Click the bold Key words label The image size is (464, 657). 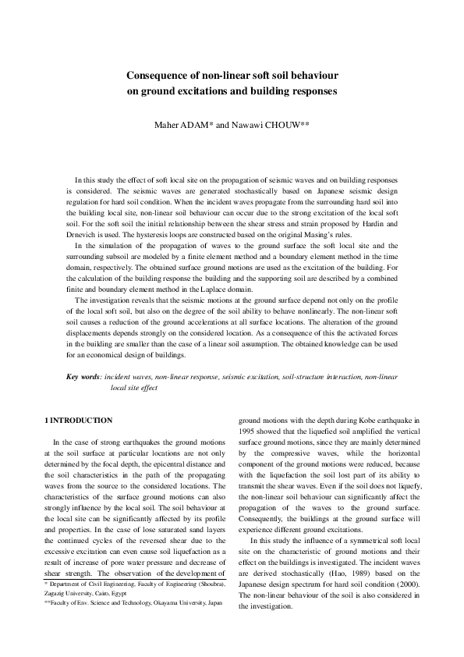pyautogui.click(x=83, y=377)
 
